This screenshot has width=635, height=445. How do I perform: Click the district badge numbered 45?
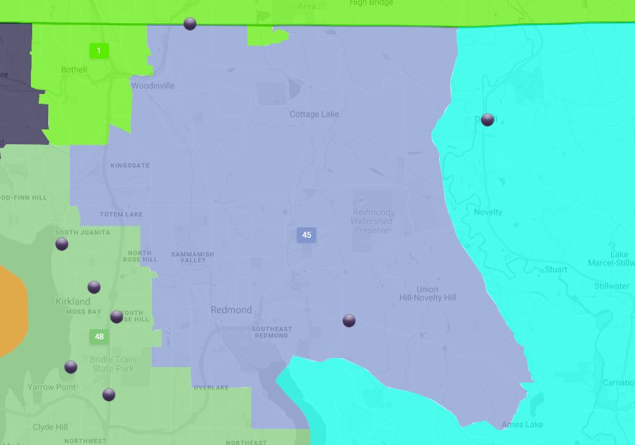point(307,235)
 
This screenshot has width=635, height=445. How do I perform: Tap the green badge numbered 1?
point(99,51)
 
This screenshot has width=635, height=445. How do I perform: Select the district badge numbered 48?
point(99,337)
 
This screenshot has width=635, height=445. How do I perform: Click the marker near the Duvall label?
point(488,120)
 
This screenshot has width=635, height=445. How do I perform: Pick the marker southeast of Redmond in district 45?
point(349,321)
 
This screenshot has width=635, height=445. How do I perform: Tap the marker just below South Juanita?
point(62,244)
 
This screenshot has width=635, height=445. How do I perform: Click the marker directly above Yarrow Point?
point(71,367)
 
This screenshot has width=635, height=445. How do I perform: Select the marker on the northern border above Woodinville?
point(190,24)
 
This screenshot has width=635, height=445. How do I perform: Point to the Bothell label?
point(74,70)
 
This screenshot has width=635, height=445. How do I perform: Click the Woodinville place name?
point(153,86)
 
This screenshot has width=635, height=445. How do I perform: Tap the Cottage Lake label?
point(314,114)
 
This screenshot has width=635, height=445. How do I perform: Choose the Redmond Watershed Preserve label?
point(372,221)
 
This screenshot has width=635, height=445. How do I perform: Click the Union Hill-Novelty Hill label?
point(428,294)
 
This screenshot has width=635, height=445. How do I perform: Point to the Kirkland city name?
point(73,301)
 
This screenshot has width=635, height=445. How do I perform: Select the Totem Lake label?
point(121,214)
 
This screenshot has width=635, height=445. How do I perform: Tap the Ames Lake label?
point(522,424)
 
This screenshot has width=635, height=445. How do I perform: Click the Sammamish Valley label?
point(193,257)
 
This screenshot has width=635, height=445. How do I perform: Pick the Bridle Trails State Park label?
point(113,364)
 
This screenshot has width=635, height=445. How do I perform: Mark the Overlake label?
point(211,388)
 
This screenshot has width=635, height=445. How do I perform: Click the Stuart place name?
point(556,269)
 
